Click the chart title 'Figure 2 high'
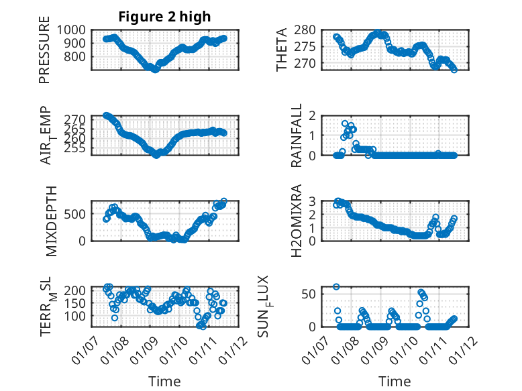point(164,17)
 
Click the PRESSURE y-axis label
point(45,55)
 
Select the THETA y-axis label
point(282,49)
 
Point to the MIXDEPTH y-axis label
point(52,221)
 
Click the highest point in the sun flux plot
point(336,286)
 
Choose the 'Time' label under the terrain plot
point(164,382)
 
